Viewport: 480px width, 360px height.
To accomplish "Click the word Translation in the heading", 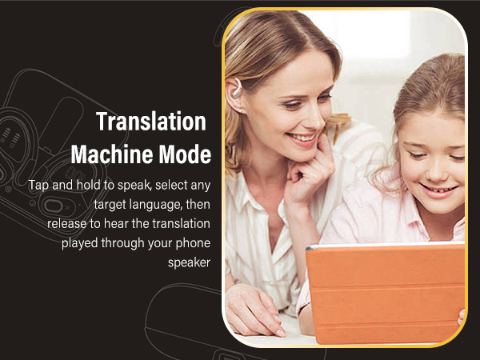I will (x=151, y=122).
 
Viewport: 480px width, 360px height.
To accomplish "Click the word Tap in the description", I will (x=38, y=185).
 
